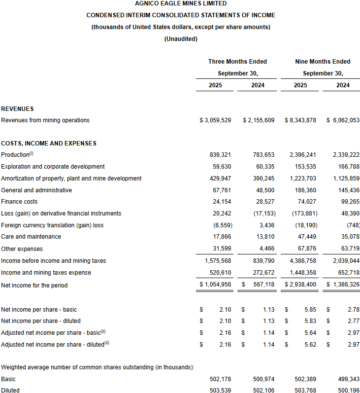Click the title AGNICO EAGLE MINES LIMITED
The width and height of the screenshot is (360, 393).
181,3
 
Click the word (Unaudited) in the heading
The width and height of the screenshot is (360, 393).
181,38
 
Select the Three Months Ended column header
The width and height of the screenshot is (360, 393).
237,62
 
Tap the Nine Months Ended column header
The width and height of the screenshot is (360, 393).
323,62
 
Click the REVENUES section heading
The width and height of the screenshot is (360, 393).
17,108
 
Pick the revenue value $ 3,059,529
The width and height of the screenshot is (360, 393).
215,120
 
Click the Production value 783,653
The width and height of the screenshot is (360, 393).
263,155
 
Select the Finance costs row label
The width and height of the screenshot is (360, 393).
19,202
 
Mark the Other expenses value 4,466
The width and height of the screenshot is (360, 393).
266,249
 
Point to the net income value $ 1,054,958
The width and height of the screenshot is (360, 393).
215,285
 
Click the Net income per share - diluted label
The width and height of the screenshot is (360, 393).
41,321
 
